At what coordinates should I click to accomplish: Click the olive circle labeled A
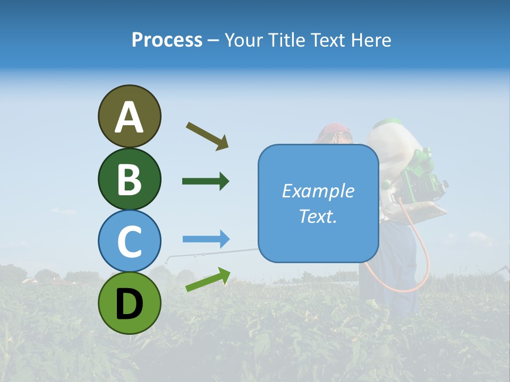pyautogui.click(x=129, y=116)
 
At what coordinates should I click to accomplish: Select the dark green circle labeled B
pyautogui.click(x=129, y=179)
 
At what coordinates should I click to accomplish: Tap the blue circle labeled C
pyautogui.click(x=129, y=241)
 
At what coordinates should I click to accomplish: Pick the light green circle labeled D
pyautogui.click(x=129, y=303)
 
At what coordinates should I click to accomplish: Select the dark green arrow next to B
pyautogui.click(x=206, y=181)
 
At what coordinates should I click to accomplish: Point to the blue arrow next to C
pyautogui.click(x=206, y=239)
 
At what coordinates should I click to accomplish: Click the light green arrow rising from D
pyautogui.click(x=208, y=280)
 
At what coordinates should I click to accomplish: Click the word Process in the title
pyautogui.click(x=167, y=40)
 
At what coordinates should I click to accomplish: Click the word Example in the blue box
pyautogui.click(x=318, y=191)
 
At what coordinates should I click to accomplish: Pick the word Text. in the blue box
pyautogui.click(x=318, y=216)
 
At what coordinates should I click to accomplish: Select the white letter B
pyautogui.click(x=129, y=179)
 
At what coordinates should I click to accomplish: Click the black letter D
pyautogui.click(x=129, y=303)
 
